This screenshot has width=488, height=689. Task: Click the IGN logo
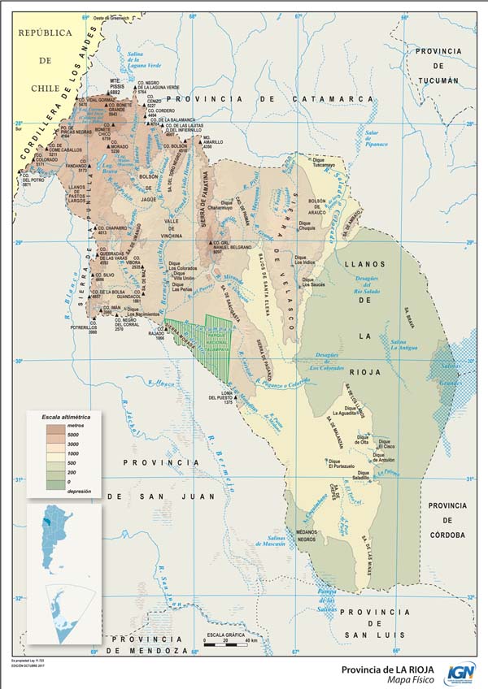coord(461,673)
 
